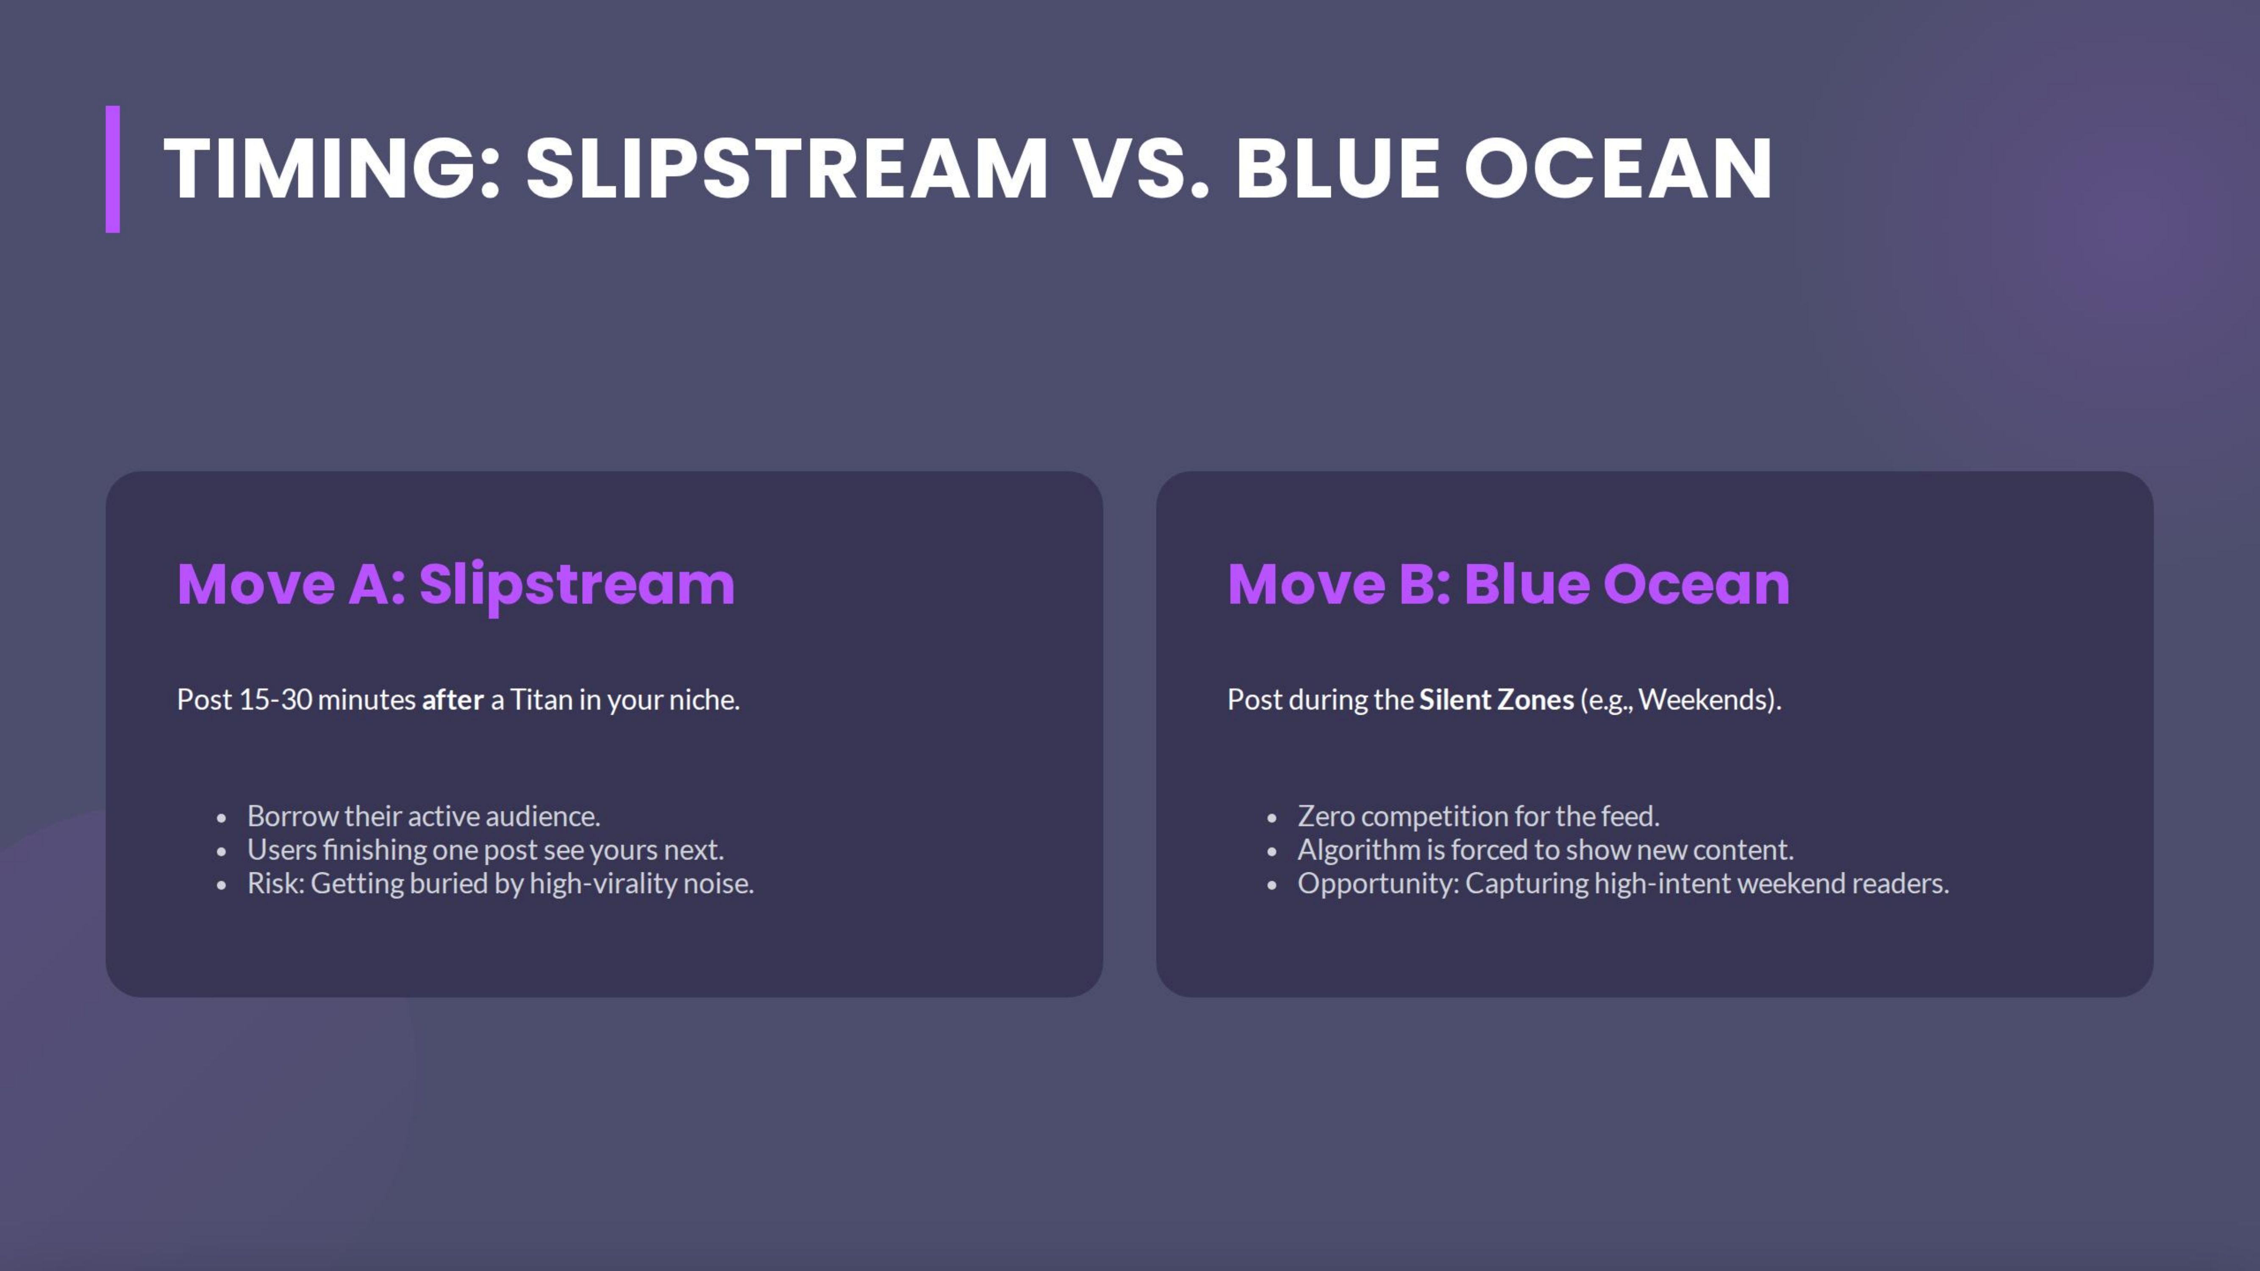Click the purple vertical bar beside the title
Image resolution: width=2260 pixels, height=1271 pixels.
click(112, 169)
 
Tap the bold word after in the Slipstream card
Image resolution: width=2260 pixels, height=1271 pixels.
click(453, 700)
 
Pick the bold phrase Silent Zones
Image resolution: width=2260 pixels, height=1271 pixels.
click(1496, 700)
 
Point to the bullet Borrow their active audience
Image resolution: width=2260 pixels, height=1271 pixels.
click(423, 817)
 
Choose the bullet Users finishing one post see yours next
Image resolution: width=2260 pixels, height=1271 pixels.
click(485, 850)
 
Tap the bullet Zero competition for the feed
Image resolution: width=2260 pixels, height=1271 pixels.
click(1478, 817)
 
